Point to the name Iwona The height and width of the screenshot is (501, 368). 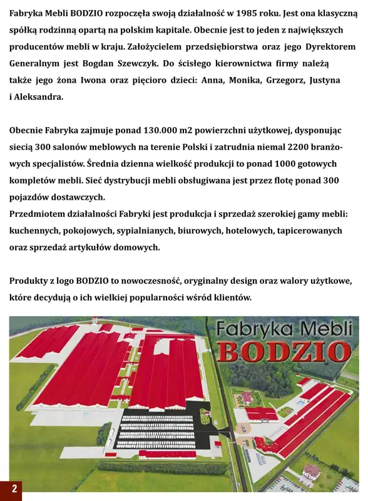tap(97, 81)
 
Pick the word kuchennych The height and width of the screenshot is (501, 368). tap(38, 231)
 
